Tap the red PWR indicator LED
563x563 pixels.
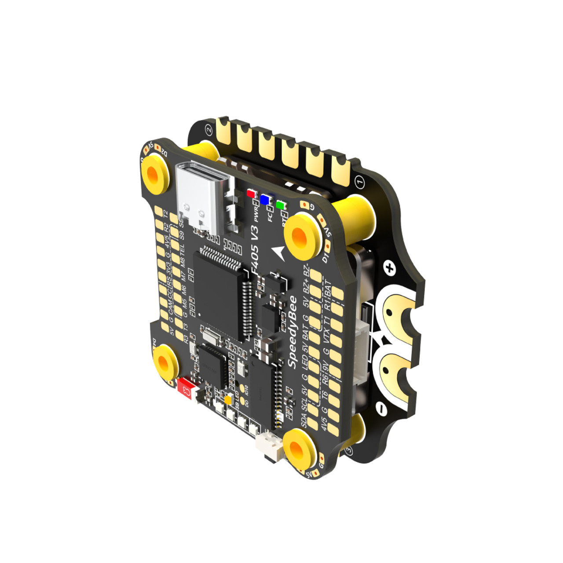251,194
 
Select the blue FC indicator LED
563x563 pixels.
265,200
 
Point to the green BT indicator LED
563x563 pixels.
280,205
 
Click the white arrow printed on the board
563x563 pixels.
279,253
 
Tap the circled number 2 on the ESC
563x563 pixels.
209,130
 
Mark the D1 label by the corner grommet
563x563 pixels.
325,257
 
